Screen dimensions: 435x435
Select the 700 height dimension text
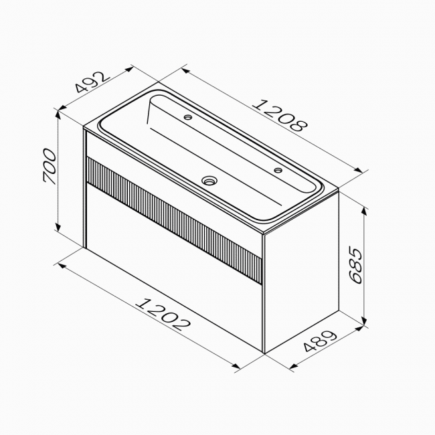(50, 167)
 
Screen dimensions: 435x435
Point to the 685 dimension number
(356, 266)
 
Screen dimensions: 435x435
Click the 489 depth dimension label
(320, 341)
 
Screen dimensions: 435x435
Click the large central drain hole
(209, 180)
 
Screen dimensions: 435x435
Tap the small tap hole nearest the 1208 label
(188, 117)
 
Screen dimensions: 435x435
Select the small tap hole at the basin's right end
(278, 170)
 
